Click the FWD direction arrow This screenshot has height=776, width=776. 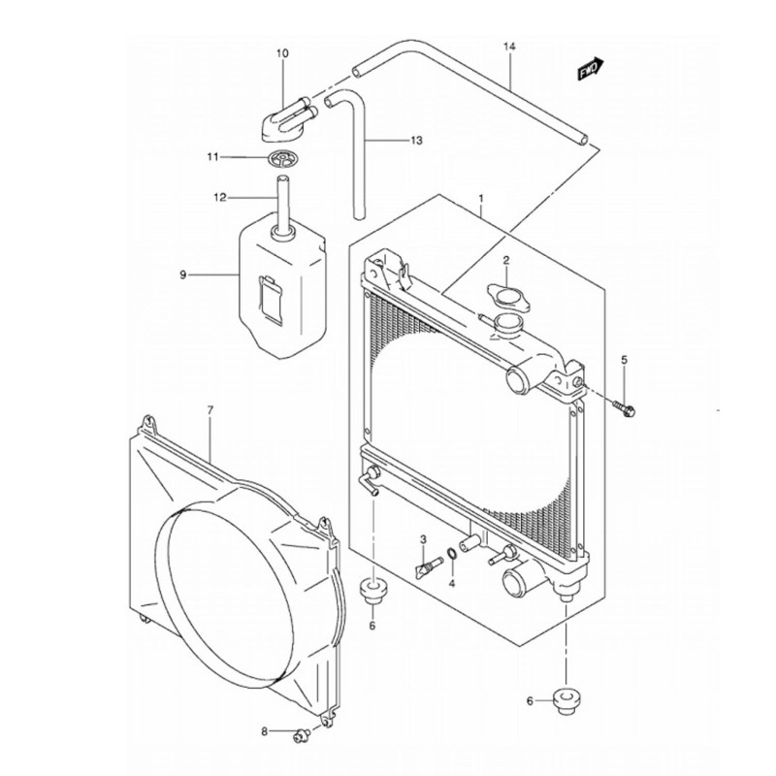(x=591, y=68)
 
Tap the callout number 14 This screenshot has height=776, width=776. (x=509, y=47)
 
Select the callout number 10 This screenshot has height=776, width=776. (x=282, y=53)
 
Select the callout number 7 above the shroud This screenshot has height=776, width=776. (x=210, y=410)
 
